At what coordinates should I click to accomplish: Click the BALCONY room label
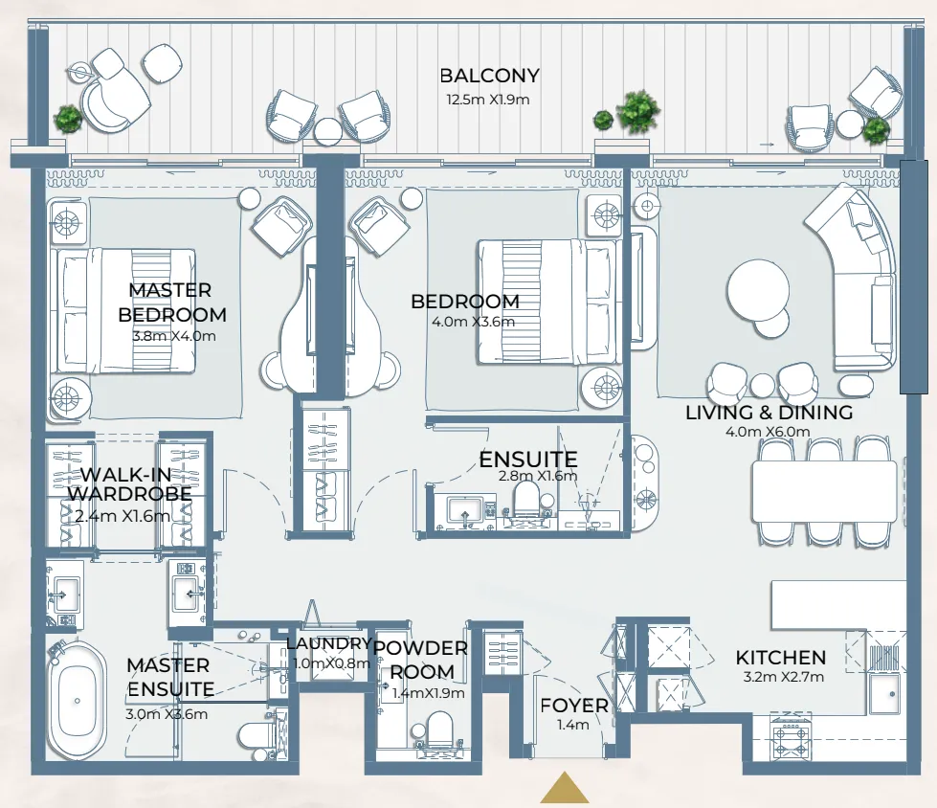point(489,76)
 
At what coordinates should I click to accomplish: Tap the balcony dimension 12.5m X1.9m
point(487,100)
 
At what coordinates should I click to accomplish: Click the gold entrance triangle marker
point(564,787)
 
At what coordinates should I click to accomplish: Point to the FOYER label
point(573,706)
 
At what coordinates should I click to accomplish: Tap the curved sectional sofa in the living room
point(851,276)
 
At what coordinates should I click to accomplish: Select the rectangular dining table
point(825,491)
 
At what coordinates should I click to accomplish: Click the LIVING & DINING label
point(770,413)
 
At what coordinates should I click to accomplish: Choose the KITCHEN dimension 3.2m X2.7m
point(783,677)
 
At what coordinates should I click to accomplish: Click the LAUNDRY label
point(328,643)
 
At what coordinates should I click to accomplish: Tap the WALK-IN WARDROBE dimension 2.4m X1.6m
point(123,516)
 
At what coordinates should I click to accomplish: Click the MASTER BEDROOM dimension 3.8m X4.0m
point(174,336)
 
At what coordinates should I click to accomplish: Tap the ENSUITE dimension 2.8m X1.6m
point(538,477)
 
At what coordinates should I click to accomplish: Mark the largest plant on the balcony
point(638,110)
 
